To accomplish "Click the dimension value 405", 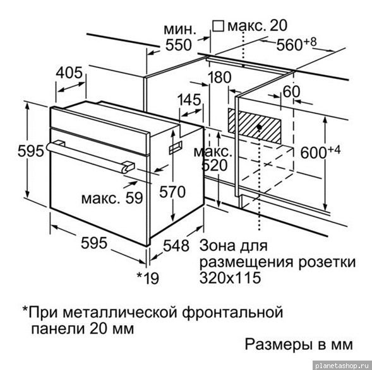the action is click(x=69, y=72).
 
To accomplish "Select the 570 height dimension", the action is click(x=172, y=192).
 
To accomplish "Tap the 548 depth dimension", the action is click(x=176, y=245).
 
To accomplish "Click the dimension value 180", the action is click(x=219, y=77).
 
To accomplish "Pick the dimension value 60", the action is click(x=292, y=91).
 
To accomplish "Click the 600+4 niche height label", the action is click(x=320, y=152).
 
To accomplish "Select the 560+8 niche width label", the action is click(x=296, y=44).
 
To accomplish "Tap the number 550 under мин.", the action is click(x=178, y=45).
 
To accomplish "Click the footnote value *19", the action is click(x=148, y=278).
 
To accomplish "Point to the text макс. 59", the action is click(x=112, y=198).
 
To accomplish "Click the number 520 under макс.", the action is click(x=215, y=166).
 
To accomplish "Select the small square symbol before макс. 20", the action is click(x=218, y=26).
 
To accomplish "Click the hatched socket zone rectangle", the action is click(x=255, y=127).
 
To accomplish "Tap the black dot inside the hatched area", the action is click(x=260, y=127).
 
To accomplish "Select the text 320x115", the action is click(x=230, y=278).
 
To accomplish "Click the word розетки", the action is click(x=327, y=262).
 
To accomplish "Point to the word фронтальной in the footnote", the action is click(x=232, y=313).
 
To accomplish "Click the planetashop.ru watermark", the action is click(x=342, y=365).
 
